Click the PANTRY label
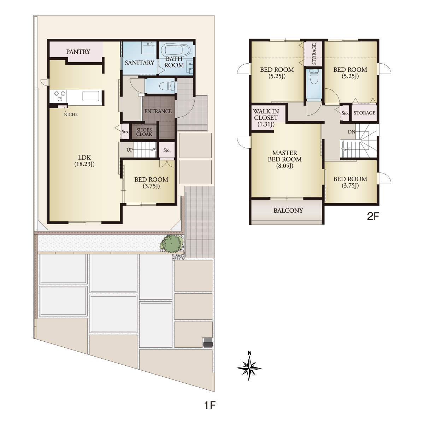(x=78, y=52)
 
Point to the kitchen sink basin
(x=91, y=96)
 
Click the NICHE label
(x=71, y=114)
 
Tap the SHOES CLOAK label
(x=144, y=132)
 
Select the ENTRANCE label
(x=158, y=111)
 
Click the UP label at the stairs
(x=130, y=150)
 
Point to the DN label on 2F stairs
(x=351, y=132)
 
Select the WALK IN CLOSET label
(x=266, y=118)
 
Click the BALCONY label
(x=288, y=211)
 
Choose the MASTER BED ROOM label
(x=285, y=159)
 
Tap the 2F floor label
(x=373, y=216)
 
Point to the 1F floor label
(x=210, y=405)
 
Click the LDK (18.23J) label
(x=84, y=161)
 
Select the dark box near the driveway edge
(x=208, y=343)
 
